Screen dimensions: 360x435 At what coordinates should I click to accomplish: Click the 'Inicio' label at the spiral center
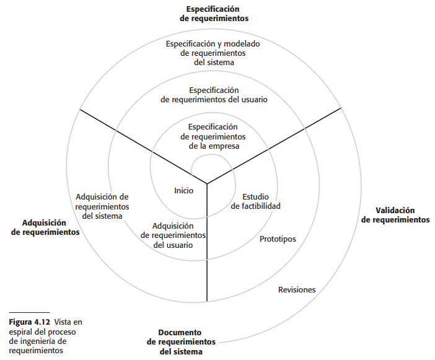[x=183, y=190]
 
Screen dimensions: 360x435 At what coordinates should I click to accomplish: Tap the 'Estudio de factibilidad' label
[x=256, y=201]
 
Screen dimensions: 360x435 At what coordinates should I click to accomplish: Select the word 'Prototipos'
[x=278, y=239]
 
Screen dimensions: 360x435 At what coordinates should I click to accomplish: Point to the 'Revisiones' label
[x=297, y=289]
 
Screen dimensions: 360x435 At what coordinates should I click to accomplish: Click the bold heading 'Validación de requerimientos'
[x=395, y=215]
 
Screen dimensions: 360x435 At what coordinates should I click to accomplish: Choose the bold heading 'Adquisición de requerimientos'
[x=51, y=227]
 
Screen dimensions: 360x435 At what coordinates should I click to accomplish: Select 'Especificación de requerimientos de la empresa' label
[x=213, y=136]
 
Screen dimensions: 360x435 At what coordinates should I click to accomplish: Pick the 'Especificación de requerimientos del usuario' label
[x=214, y=94]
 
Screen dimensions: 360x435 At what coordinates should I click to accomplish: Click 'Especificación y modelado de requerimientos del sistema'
[x=213, y=53]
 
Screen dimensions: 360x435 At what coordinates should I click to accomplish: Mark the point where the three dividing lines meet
[x=207, y=183]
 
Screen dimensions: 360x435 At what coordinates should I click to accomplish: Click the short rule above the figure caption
[x=29, y=312]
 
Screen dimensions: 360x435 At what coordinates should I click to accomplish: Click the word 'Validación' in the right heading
[x=395, y=211]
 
